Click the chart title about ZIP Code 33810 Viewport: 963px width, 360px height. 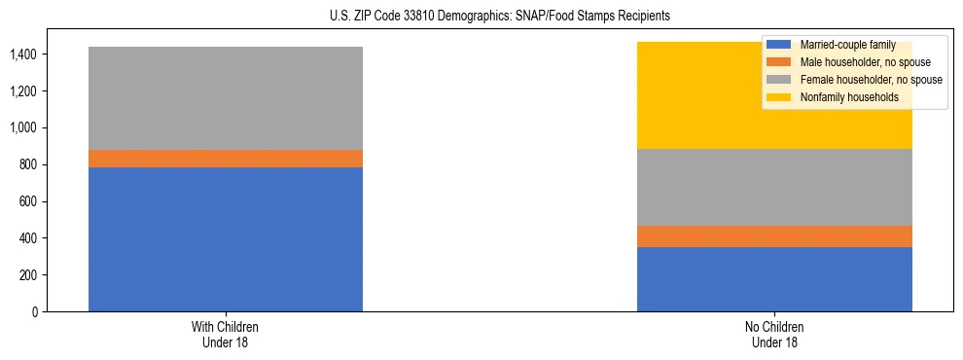(x=481, y=17)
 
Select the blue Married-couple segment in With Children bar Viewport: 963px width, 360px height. (x=225, y=239)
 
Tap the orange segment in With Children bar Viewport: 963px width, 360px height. (x=225, y=159)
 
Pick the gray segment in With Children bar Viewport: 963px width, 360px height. (x=225, y=98)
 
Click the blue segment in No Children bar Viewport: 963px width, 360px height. (x=774, y=279)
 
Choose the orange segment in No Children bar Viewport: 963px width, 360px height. (x=774, y=236)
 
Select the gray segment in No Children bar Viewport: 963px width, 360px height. (x=774, y=187)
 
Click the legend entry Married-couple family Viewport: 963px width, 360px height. (x=847, y=45)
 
